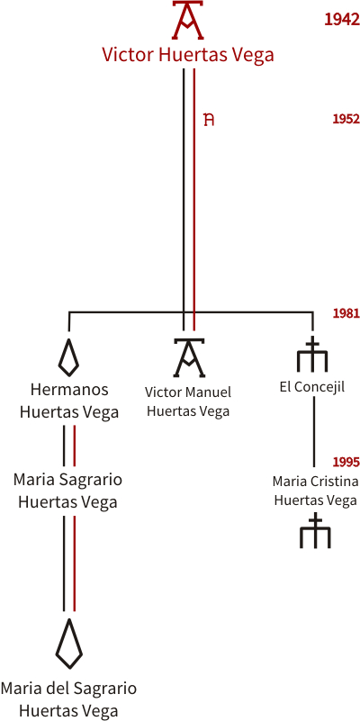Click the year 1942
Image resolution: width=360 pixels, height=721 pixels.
(342, 19)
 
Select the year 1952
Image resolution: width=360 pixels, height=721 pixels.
(346, 119)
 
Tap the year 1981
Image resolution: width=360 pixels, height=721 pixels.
(346, 313)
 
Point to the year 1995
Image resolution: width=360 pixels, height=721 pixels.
(346, 462)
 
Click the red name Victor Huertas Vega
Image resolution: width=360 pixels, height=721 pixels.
(188, 55)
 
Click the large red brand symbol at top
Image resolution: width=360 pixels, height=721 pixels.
(188, 20)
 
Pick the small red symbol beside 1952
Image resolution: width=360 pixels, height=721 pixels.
(209, 120)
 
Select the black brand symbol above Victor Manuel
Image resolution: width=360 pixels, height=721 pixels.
(188, 357)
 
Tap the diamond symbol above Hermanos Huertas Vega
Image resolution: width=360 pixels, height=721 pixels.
(68, 356)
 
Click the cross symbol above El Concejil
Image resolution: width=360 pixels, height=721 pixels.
(312, 354)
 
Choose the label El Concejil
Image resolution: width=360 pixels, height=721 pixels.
(312, 387)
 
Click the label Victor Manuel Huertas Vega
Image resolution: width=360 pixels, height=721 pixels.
(188, 401)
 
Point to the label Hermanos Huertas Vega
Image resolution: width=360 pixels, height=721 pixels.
(69, 401)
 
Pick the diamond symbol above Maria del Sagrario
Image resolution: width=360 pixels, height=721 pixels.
(69, 643)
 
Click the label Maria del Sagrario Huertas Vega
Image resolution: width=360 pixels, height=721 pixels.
(68, 699)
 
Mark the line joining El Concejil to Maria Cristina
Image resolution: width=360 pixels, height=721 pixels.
(314, 431)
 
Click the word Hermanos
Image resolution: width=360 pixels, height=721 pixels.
(69, 390)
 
